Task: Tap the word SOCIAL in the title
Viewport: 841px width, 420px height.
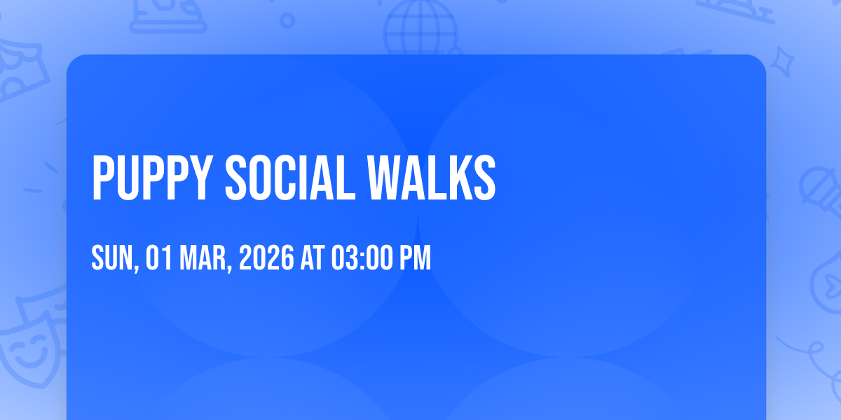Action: pos(290,178)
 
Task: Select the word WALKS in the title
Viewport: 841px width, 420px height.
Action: pos(432,178)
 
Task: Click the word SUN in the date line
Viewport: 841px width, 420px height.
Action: pos(112,258)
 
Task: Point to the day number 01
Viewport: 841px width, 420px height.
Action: pos(159,258)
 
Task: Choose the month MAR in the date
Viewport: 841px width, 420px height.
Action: pos(203,258)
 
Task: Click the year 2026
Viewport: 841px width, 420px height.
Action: pos(266,258)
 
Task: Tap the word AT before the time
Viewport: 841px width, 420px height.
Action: pos(313,258)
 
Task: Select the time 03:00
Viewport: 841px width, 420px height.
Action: pos(362,258)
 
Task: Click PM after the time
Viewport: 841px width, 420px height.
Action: pos(415,258)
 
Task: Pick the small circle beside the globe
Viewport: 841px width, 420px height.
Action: pos(287,20)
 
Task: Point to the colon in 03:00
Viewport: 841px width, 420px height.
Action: pos(362,258)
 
